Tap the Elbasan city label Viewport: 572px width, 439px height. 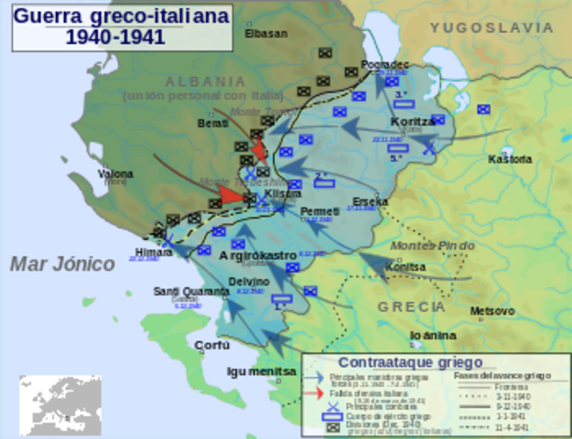(x=265, y=34)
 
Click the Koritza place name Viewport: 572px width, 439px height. (x=413, y=121)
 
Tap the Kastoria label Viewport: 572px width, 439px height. (x=510, y=159)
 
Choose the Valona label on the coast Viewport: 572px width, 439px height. (x=115, y=173)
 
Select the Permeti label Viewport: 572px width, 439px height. (x=320, y=211)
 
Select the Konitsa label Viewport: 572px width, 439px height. (x=405, y=267)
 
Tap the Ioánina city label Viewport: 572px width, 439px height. (x=434, y=336)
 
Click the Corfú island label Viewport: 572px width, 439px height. (x=211, y=346)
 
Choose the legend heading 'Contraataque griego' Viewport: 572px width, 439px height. (x=396, y=362)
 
